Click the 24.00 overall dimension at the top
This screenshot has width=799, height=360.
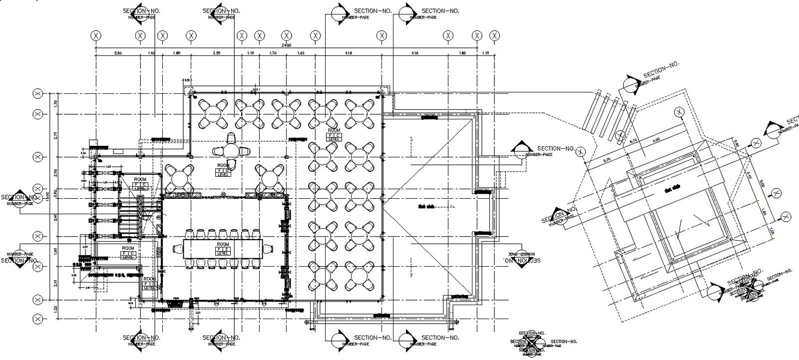coord(286,45)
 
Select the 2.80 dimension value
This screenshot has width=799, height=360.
coord(118,52)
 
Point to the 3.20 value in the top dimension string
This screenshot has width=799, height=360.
coord(216,52)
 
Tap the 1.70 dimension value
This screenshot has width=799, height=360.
coord(273,52)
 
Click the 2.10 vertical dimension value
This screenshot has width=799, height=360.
coord(55,283)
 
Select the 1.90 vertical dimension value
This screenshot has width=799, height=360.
coord(55,251)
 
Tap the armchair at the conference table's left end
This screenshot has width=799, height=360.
coord(177,248)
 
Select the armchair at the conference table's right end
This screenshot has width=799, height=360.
coord(268,248)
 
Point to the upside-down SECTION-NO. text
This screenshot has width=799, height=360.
coord(521,260)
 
